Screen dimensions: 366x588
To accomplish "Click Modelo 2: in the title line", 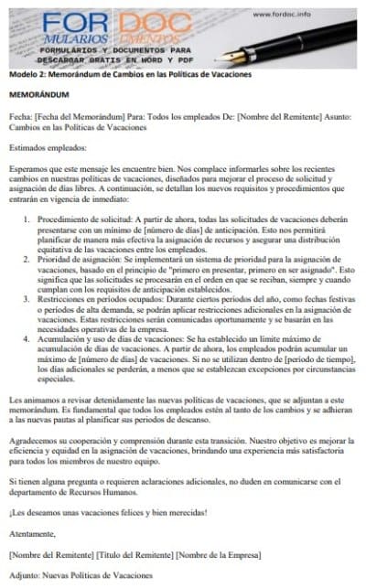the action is click(25, 74).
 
